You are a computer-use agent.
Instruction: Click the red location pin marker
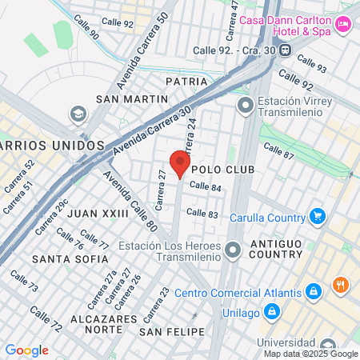click(181, 164)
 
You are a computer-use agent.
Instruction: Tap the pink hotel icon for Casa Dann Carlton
click(344, 25)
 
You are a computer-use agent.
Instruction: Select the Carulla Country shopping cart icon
click(318, 216)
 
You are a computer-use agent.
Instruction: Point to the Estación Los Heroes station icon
click(233, 252)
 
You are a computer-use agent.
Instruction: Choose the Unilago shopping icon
click(271, 310)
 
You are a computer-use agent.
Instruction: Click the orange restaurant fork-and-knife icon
click(342, 286)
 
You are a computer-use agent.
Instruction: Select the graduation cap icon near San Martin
click(78, 114)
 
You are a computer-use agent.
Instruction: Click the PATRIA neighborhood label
click(187, 82)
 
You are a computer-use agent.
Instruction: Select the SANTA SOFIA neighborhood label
click(70, 259)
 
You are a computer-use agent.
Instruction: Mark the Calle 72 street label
click(46, 318)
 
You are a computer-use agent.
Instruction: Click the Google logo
click(26, 350)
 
